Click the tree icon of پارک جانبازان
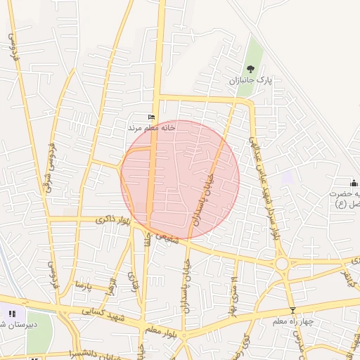pyautogui.click(x=251, y=69)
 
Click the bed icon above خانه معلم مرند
pyautogui.click(x=151, y=117)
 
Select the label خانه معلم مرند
pyautogui.click(x=151, y=129)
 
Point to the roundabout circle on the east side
pyautogui.click(x=283, y=264)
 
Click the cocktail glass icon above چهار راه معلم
pyautogui.click(x=293, y=310)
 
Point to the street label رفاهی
pyautogui.click(x=133, y=283)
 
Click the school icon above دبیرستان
pyautogui.click(x=11, y=314)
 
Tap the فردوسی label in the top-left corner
pyautogui.click(x=13, y=46)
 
